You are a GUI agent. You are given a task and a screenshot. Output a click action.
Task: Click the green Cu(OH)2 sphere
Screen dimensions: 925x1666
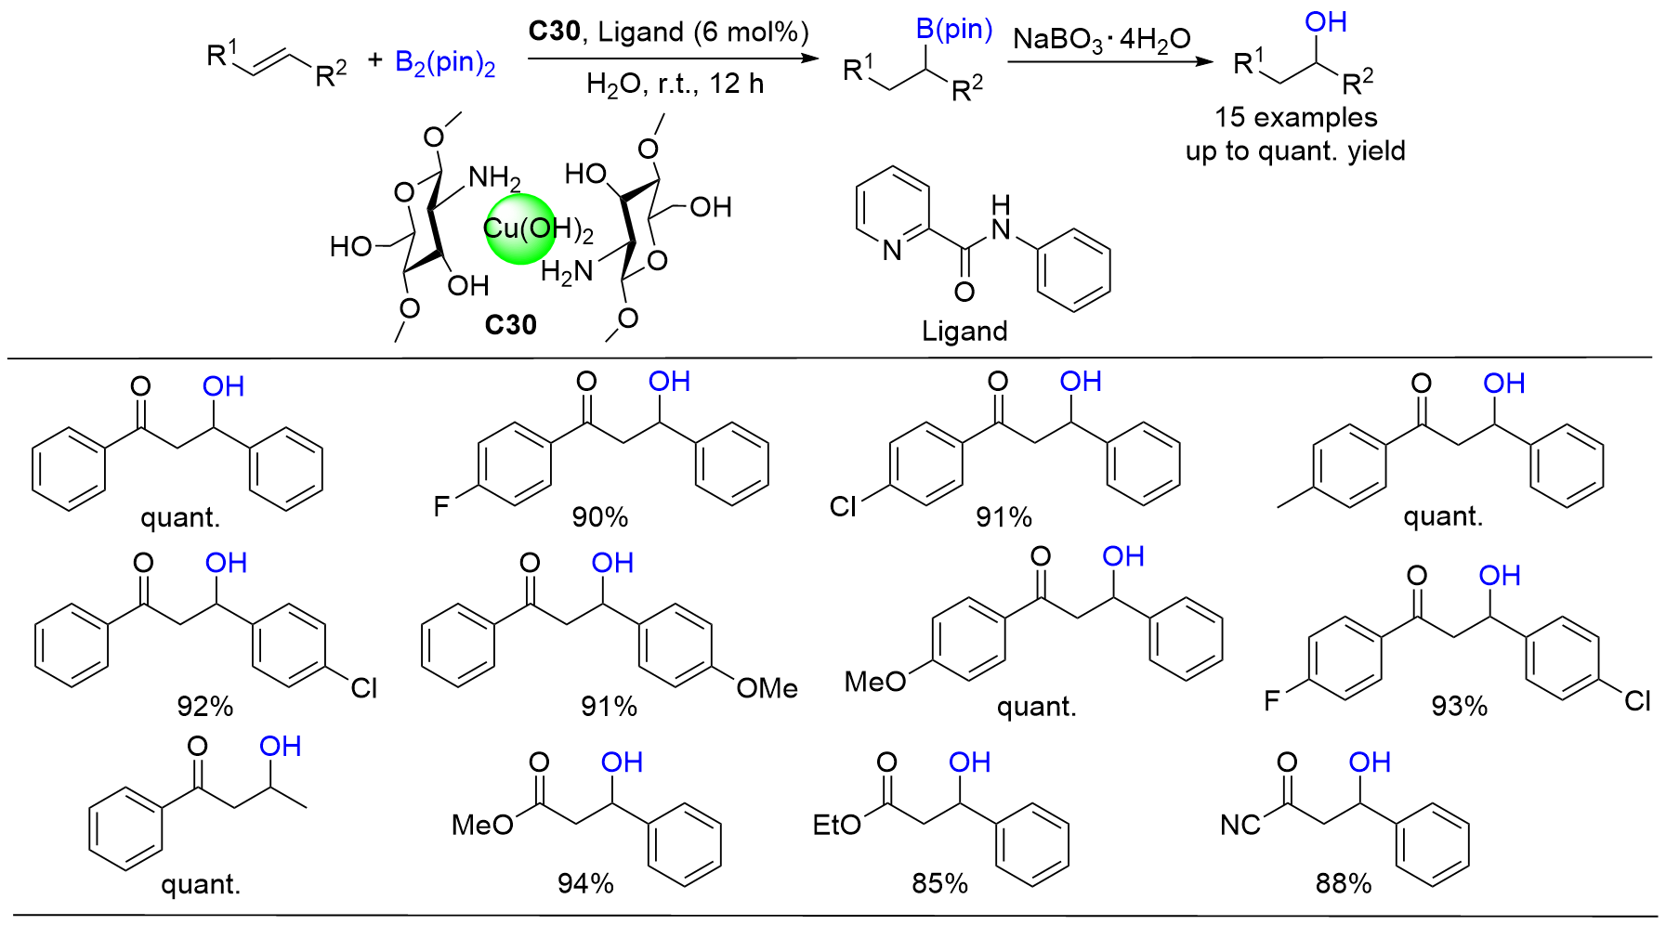tap(520, 228)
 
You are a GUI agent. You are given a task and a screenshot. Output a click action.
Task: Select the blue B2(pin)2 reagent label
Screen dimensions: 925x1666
tap(445, 63)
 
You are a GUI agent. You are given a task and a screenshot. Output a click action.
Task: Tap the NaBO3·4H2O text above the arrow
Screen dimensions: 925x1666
tap(1101, 39)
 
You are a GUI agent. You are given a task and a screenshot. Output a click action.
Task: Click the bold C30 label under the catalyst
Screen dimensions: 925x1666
tap(510, 325)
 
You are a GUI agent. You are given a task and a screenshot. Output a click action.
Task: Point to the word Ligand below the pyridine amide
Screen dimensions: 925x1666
tap(964, 332)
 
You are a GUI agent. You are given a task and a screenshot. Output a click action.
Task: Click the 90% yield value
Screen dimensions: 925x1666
tap(600, 517)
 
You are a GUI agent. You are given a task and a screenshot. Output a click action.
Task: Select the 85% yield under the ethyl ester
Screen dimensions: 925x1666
tap(939, 883)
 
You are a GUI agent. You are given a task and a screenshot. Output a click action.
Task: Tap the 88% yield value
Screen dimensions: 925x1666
tap(1344, 883)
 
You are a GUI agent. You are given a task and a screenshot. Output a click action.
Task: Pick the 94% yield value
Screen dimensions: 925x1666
tap(585, 883)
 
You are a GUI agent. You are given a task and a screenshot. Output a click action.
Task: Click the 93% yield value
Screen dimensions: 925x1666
tap(1459, 707)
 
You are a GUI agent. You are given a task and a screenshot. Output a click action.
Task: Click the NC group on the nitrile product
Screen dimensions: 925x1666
tap(1240, 825)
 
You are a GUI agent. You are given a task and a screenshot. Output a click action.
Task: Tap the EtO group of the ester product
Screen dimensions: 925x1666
tap(836, 825)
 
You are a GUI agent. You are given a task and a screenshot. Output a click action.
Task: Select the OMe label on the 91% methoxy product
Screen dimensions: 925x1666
tap(767, 688)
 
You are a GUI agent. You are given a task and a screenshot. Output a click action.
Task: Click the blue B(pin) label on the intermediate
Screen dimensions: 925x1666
tap(954, 29)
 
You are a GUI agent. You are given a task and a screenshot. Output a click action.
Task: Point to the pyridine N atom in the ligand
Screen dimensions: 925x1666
tap(892, 250)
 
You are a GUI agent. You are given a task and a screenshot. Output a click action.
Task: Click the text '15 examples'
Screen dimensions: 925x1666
tap(1295, 118)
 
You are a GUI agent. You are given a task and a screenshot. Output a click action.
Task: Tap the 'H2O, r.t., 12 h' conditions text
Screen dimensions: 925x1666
tap(675, 85)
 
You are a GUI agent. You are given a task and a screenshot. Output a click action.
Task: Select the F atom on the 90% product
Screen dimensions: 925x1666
tap(441, 506)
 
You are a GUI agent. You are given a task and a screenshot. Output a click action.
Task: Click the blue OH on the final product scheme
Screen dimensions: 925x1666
tap(1326, 22)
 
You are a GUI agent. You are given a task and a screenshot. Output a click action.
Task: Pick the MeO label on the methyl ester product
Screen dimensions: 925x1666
tap(482, 825)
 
